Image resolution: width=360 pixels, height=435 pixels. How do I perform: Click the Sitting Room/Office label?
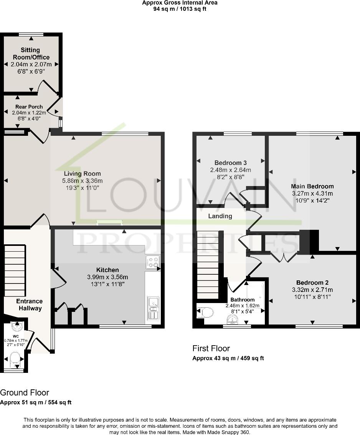(x=30, y=53)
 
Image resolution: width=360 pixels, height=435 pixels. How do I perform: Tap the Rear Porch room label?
(x=29, y=107)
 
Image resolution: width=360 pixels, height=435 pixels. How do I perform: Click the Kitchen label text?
(x=107, y=270)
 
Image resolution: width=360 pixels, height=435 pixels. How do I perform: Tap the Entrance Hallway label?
(x=30, y=305)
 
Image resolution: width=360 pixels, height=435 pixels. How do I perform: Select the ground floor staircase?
(x=15, y=270)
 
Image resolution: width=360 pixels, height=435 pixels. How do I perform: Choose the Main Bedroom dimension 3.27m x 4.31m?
(x=312, y=193)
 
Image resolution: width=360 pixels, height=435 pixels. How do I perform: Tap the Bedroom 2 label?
(x=312, y=282)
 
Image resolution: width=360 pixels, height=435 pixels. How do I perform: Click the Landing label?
(x=220, y=216)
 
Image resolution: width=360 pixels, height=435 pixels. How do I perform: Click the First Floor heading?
(x=211, y=348)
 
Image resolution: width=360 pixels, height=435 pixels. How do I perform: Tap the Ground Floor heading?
(x=25, y=392)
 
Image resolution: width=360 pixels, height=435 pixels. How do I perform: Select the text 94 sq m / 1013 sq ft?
(x=180, y=9)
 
